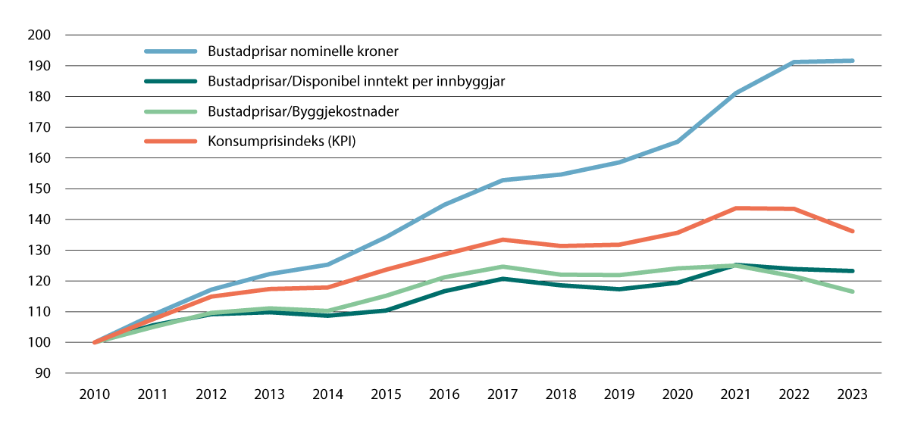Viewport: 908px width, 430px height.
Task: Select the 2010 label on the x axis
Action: (95, 394)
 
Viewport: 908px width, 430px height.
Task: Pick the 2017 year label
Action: (503, 394)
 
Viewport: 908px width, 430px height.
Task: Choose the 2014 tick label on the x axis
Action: (328, 394)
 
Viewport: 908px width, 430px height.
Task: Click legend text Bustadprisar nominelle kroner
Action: (303, 52)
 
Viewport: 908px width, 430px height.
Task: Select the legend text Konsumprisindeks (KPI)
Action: (281, 141)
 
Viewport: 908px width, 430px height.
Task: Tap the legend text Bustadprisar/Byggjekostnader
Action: (303, 111)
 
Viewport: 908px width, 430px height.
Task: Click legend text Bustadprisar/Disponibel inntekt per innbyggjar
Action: (356, 82)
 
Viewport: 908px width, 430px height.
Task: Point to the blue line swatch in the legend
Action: (171, 52)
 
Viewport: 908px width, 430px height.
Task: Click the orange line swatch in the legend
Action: (171, 141)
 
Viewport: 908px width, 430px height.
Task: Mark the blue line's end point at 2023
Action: (853, 61)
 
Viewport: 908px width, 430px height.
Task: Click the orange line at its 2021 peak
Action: (736, 208)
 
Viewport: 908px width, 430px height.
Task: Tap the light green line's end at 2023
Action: (853, 291)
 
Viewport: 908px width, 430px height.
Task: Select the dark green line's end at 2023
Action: (853, 271)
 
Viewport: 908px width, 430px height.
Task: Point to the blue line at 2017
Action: (503, 180)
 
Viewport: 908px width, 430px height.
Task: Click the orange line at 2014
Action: (328, 287)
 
